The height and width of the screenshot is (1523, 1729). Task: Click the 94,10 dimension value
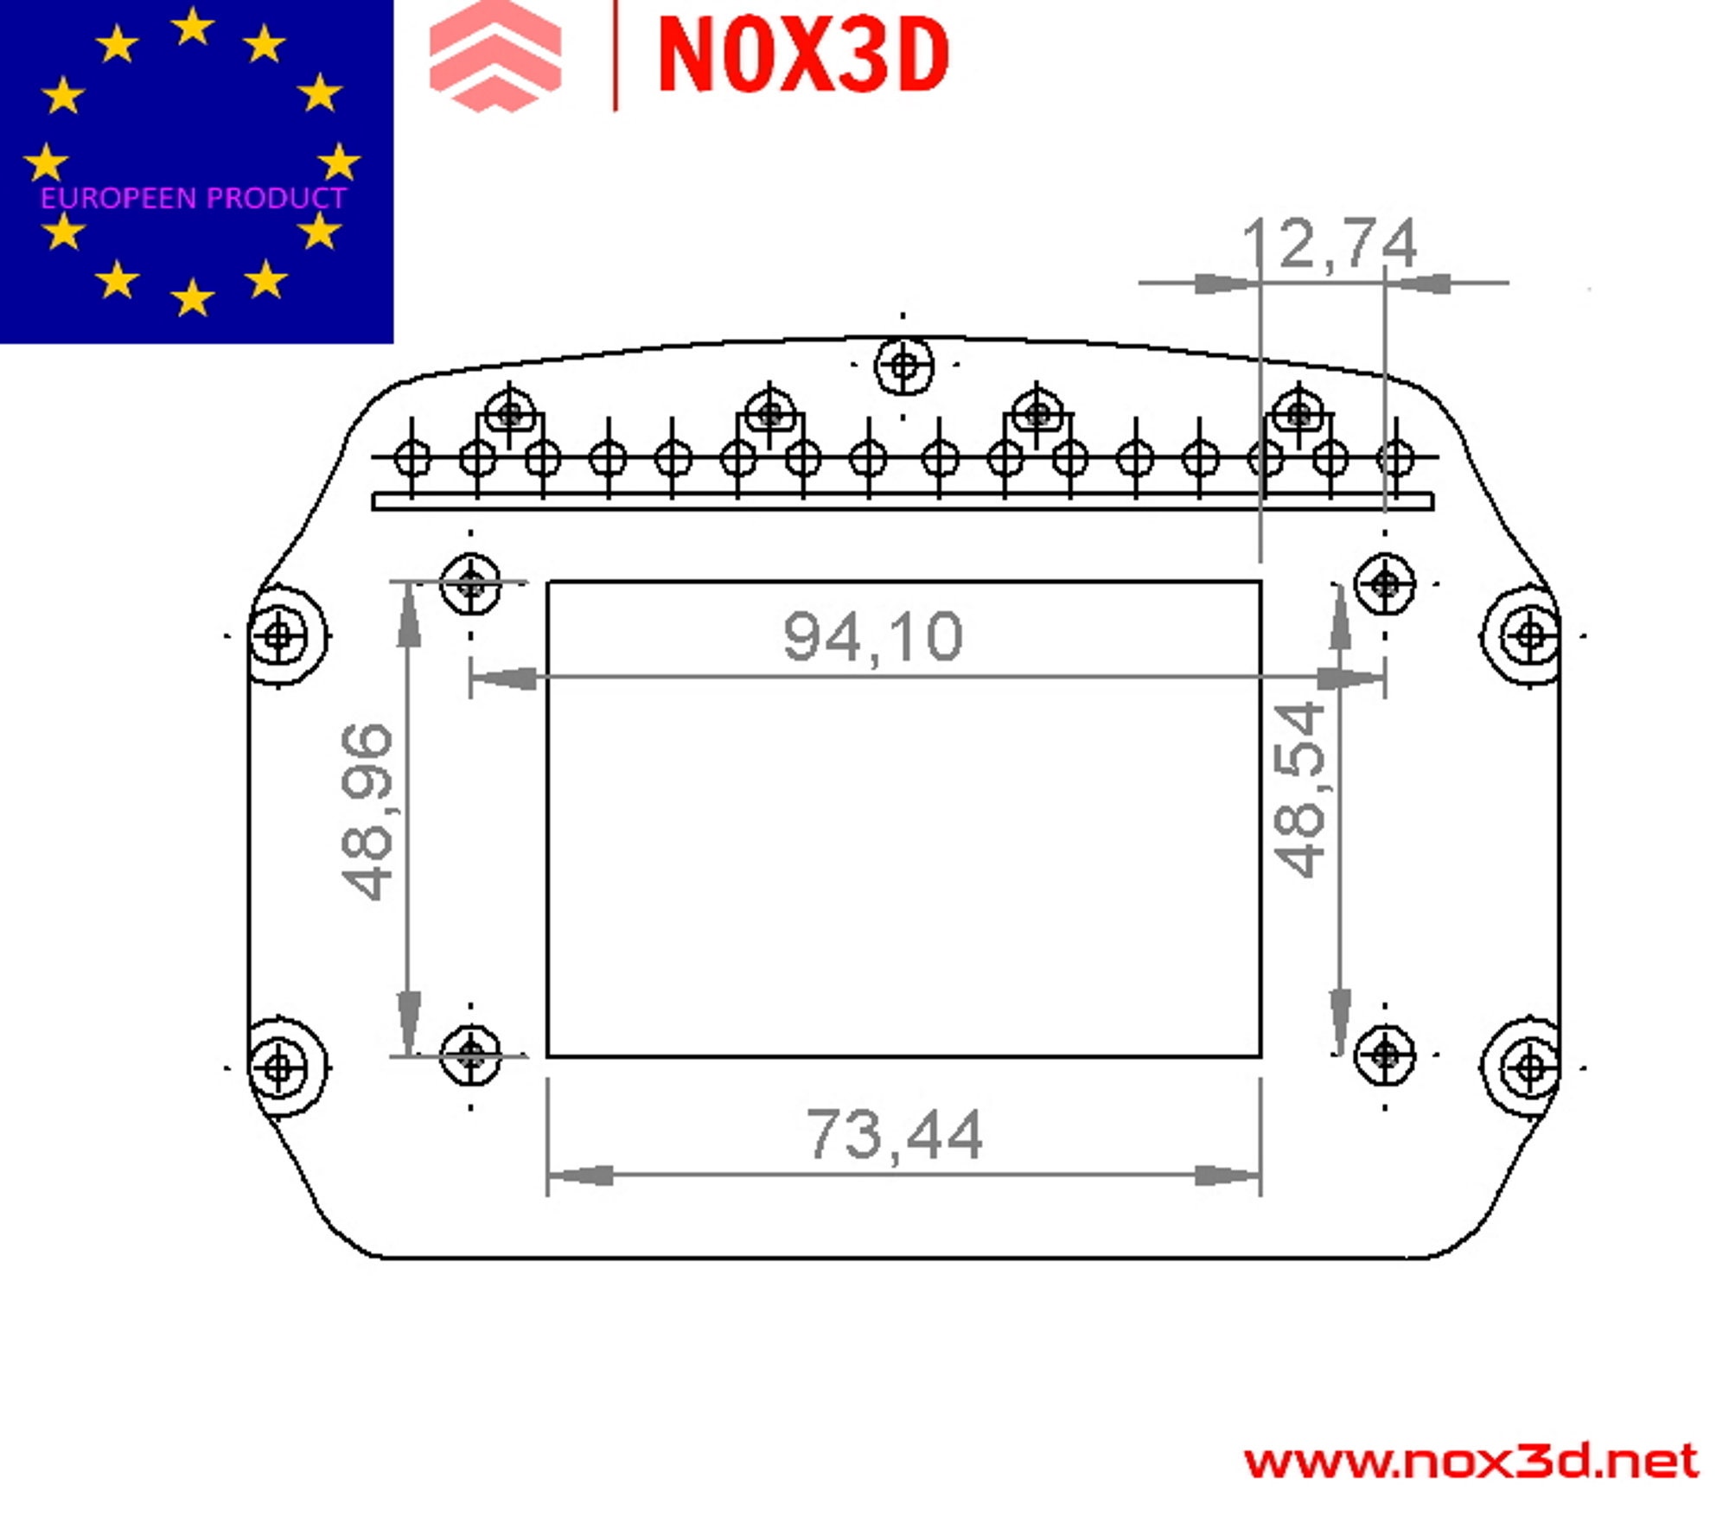click(x=872, y=638)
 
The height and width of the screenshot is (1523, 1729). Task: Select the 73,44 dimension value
click(x=895, y=1135)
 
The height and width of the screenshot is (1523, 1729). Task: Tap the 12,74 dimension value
click(x=1330, y=245)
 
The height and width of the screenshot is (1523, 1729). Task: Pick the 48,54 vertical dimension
click(x=1299, y=789)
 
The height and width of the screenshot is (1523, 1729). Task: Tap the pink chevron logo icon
click(x=495, y=56)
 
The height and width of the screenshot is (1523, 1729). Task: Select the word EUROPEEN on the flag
click(x=119, y=198)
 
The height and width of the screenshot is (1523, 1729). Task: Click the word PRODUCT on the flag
click(x=277, y=198)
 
